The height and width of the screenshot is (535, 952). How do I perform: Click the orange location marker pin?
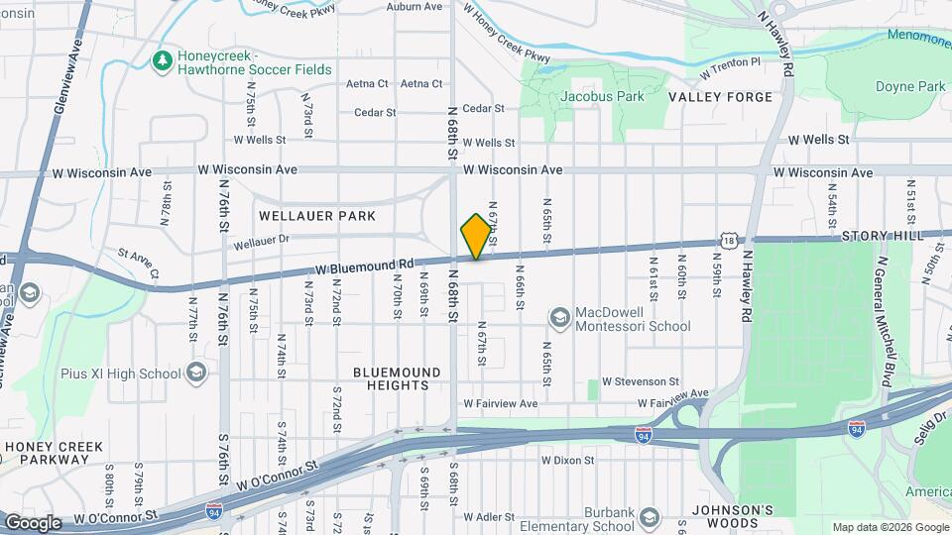coord(477,236)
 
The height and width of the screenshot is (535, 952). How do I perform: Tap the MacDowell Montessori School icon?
coord(560,317)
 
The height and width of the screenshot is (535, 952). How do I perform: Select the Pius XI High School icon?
coord(196,373)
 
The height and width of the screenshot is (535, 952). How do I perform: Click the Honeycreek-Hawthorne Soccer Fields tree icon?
coord(161,61)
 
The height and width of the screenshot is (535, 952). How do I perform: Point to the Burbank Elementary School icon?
coord(649,518)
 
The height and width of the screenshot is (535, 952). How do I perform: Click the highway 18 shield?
coord(730,241)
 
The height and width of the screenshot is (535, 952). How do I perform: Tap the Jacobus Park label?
coord(602,96)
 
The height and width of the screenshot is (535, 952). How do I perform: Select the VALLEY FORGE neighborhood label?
coord(720,97)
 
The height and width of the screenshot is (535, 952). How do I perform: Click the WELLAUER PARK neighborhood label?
coord(317,215)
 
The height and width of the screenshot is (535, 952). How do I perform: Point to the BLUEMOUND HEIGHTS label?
coord(397,378)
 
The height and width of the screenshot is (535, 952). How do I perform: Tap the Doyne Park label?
coord(910,87)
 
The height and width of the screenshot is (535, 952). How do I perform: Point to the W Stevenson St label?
coord(641,380)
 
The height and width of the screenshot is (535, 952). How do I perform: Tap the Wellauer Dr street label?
coord(261,241)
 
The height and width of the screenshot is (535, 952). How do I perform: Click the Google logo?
coord(33,522)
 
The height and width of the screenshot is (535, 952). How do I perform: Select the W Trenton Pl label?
coord(729,67)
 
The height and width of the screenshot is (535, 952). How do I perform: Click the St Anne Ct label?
coord(138,263)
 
